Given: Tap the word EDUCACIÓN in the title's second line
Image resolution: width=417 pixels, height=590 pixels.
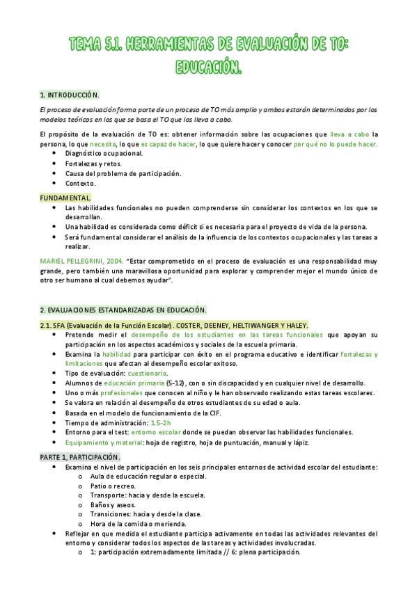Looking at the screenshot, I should tap(209, 68).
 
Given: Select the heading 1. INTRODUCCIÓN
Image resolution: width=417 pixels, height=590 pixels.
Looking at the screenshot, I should tap(70, 94).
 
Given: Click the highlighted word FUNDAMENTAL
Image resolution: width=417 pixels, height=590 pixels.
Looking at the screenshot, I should tap(65, 198).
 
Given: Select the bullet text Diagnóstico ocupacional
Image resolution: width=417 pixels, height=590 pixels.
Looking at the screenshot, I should tap(104, 153).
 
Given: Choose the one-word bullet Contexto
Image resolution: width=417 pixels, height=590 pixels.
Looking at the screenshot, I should tap(80, 184).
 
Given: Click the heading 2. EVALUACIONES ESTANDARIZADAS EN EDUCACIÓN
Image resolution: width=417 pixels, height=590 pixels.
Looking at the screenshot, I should tap(123, 310).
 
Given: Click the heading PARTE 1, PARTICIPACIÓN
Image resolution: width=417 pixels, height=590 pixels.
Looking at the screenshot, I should tap(80, 456).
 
